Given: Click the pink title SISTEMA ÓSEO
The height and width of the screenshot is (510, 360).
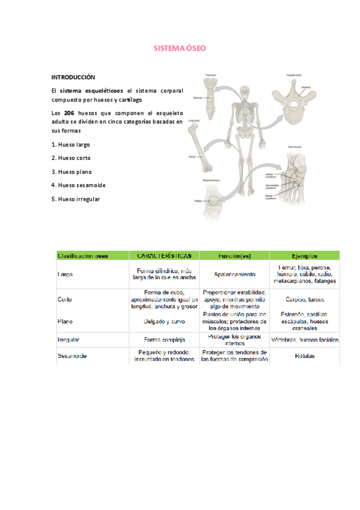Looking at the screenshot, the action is [x=180, y=49].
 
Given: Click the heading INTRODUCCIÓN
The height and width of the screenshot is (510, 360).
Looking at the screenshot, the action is [x=73, y=78].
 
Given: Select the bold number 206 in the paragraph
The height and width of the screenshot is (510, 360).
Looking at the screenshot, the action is [x=69, y=112].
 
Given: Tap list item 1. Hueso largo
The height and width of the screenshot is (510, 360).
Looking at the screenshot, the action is [x=71, y=144].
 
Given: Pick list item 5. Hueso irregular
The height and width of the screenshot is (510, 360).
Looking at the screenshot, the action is [x=76, y=198].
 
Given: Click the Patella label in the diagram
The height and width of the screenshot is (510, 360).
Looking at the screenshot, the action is [x=197, y=200].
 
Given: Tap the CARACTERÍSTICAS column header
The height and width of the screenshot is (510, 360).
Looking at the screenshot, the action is [x=164, y=255].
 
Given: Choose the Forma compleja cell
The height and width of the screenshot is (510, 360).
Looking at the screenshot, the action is [x=164, y=339].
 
